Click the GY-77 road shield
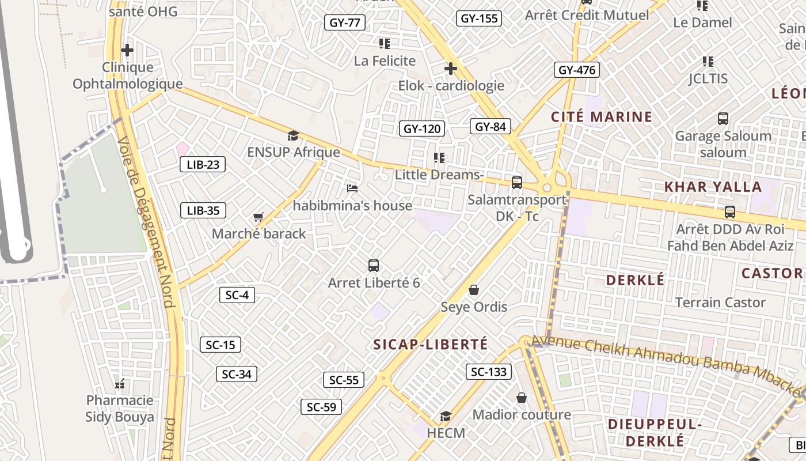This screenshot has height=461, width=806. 345,22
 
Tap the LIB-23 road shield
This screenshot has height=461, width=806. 203,164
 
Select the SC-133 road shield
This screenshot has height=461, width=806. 489,372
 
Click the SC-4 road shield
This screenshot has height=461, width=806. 237,295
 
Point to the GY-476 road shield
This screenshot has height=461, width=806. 577,70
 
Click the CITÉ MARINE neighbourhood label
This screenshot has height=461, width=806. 602,117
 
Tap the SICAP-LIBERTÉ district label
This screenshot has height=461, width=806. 431,345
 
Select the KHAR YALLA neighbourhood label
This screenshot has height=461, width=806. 713,187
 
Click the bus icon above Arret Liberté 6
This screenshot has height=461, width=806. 374,266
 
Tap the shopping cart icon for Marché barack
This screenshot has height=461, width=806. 258,217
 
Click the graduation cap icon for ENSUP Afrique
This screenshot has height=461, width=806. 293,136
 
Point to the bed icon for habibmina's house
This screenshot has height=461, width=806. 352,188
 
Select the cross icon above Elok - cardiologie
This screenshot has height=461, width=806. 450,69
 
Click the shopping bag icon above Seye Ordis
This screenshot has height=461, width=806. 474,289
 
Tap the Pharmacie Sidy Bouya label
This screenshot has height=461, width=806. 120,409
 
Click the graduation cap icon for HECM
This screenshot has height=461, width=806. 446,416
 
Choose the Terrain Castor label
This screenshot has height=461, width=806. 720,303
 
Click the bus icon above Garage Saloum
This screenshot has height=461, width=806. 723,119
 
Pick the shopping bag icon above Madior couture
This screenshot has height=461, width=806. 522,398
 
